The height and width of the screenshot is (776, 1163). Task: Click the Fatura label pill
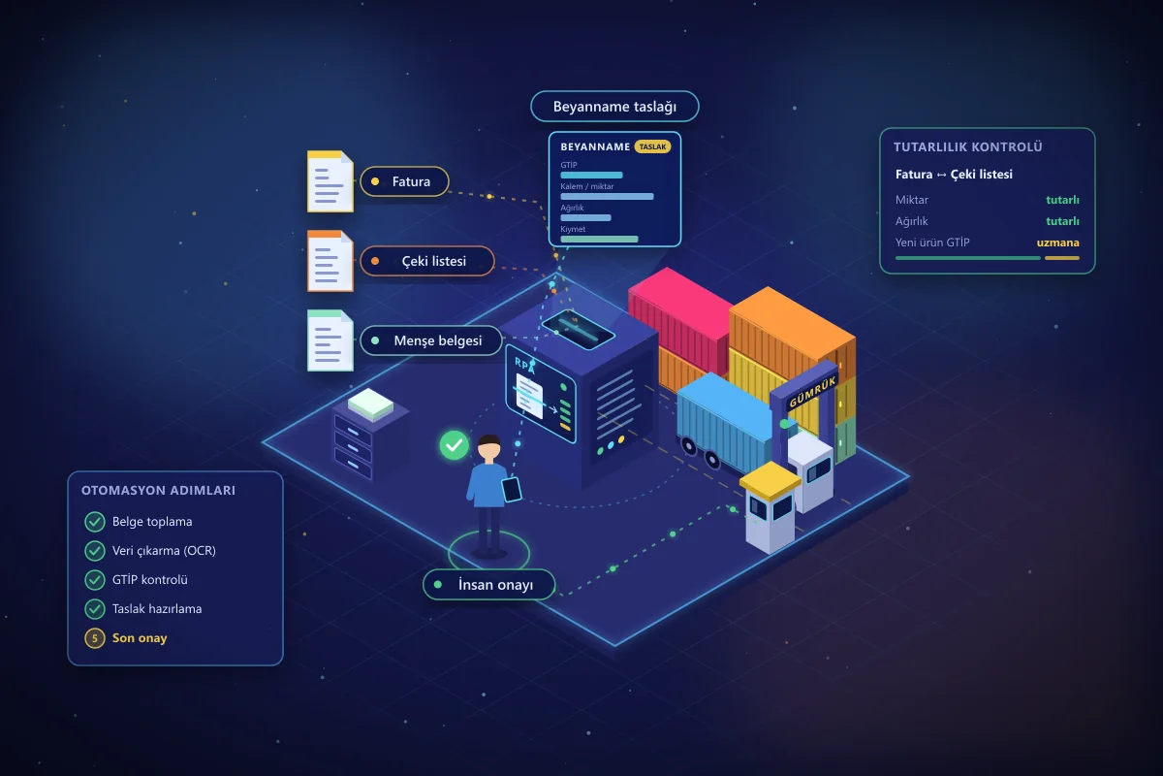[x=404, y=181]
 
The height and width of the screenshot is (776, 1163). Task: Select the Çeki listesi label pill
[x=426, y=261]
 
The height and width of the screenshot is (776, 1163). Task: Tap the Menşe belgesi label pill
[x=431, y=340]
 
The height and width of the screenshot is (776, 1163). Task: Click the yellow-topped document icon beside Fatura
[x=330, y=181]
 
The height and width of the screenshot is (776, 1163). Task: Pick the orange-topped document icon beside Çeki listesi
[x=330, y=261]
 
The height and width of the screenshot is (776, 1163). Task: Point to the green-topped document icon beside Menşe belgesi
[x=330, y=340]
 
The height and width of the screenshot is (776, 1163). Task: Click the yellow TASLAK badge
[x=652, y=147]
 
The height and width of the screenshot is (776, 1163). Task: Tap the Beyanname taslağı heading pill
[x=614, y=107]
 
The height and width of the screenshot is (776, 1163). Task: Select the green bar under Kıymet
[x=599, y=239]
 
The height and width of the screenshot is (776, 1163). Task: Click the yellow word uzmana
[x=1057, y=242]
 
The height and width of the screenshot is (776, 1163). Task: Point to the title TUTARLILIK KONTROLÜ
[x=968, y=147]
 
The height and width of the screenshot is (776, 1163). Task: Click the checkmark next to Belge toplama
[x=95, y=521]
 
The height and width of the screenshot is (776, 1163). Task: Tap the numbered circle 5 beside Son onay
[x=95, y=637]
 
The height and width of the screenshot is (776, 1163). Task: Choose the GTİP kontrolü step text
[x=150, y=579]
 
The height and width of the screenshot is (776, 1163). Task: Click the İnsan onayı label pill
[x=489, y=585]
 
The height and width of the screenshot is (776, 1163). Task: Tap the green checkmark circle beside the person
[x=455, y=445]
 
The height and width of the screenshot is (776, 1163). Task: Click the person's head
[x=489, y=448]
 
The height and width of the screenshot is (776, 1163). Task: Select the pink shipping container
[x=680, y=317]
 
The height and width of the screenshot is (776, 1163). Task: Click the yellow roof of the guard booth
[x=770, y=481]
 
